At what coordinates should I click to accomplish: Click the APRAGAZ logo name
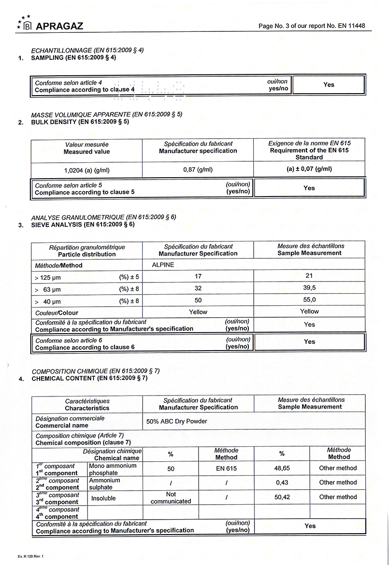(x=59, y=26)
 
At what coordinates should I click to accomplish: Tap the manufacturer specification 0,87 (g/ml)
(x=198, y=170)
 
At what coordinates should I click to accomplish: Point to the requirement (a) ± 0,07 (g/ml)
(x=309, y=169)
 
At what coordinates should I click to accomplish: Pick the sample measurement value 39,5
(x=309, y=288)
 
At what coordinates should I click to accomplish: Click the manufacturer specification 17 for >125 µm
(x=198, y=276)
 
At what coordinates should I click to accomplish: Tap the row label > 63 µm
(x=48, y=289)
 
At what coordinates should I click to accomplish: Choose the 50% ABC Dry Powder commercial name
(x=177, y=421)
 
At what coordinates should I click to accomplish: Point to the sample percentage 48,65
(x=282, y=468)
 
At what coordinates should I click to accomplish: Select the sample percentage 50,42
(x=282, y=497)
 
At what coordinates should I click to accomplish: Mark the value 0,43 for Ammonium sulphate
(x=282, y=482)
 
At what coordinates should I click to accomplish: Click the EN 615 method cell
(x=226, y=468)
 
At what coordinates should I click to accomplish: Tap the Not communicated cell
(x=171, y=498)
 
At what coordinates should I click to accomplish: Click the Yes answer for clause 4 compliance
(x=329, y=85)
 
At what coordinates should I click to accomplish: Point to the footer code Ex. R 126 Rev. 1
(x=30, y=557)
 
